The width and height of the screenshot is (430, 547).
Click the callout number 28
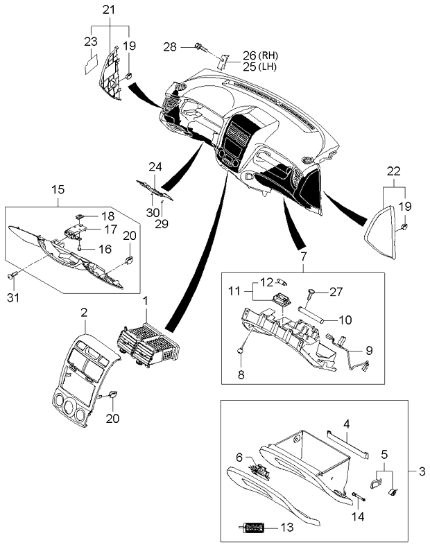[169, 46]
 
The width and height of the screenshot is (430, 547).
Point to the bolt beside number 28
[200, 47]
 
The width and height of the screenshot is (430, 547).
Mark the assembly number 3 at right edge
[421, 472]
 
